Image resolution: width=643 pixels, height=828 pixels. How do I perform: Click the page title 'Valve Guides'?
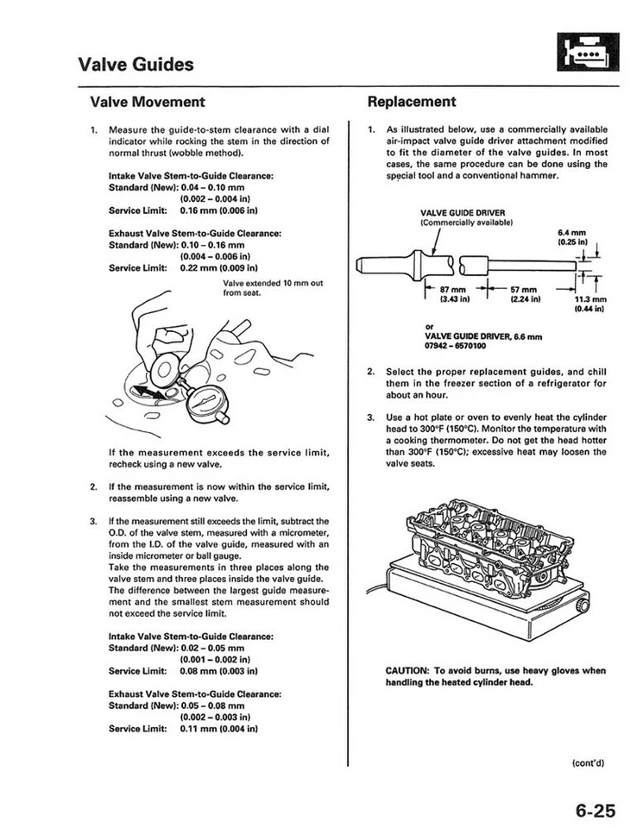[136, 64]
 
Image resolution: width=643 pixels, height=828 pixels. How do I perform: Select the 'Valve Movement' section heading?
[148, 102]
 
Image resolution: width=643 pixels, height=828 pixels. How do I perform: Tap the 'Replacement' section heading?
[412, 102]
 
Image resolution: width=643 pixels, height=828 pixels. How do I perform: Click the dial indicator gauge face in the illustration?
[206, 399]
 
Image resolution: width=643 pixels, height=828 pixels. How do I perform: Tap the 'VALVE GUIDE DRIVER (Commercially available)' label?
[467, 216]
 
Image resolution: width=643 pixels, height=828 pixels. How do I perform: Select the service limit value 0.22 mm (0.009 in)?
[219, 267]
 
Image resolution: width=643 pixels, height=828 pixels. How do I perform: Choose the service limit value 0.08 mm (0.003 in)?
[219, 670]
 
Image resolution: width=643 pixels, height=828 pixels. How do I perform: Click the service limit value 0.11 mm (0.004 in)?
[219, 728]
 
